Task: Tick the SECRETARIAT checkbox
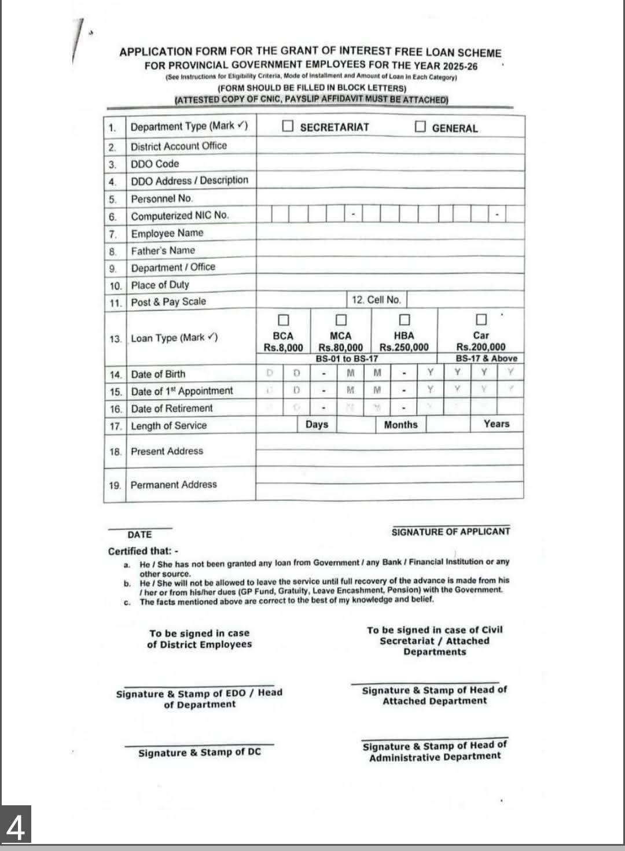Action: point(288,127)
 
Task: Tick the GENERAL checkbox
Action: point(420,127)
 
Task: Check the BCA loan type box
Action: point(283,320)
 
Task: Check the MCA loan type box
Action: point(341,320)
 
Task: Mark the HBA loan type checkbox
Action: point(405,320)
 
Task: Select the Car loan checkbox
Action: point(481,319)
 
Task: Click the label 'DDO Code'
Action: point(155,164)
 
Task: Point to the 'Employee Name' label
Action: point(167,233)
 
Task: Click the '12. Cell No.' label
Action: point(376,300)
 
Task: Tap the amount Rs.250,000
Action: point(404,347)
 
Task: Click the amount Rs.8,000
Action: point(283,348)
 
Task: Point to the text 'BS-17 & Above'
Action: point(486,358)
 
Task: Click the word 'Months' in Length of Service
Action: point(400,425)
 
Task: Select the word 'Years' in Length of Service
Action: point(497,424)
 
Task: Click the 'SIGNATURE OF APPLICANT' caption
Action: point(451,532)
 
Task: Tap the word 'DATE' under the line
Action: point(139,535)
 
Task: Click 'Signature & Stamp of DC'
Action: point(200,752)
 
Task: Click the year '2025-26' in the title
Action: point(458,66)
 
